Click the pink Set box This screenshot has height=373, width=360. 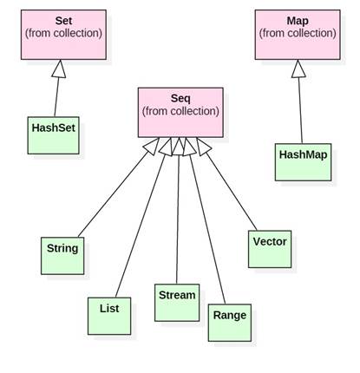click(63, 35)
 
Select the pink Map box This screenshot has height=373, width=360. click(297, 35)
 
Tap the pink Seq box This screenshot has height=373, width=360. click(180, 112)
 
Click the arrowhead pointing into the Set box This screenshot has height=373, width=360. click(59, 68)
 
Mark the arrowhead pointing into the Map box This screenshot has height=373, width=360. click(298, 68)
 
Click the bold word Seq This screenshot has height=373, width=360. click(180, 98)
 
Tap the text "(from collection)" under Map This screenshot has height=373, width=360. click(297, 34)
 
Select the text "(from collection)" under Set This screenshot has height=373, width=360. click(63, 34)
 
